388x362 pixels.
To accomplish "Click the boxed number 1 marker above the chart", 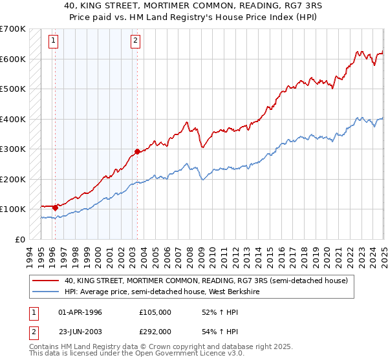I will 53,41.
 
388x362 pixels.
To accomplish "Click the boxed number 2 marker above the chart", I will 135,41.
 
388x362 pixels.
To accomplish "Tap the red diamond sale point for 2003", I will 137,153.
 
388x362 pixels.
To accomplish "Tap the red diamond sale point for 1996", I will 55,208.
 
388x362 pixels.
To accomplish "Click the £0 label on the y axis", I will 20,239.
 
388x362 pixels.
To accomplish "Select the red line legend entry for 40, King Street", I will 206,281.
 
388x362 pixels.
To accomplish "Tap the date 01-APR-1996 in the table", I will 80,312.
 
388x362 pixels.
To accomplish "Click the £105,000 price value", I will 155,312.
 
